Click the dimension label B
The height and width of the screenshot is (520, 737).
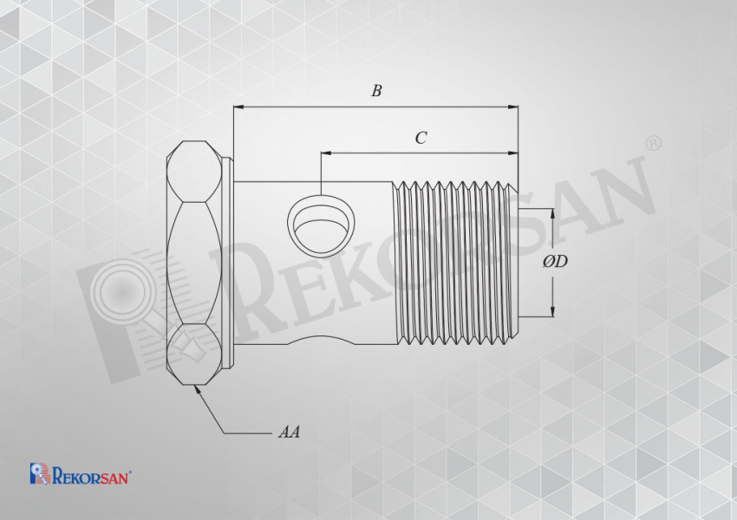tap(376, 91)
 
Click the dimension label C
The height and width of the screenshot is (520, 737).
tap(421, 138)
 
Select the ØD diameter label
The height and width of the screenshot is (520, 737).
tap(555, 262)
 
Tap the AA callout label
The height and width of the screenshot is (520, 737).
tap(289, 432)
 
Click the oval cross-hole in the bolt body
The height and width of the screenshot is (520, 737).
tap(320, 226)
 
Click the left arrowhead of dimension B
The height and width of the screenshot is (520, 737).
tap(239, 107)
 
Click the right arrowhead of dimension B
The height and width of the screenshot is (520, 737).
tap(512, 107)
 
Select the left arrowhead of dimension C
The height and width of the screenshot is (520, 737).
tap(326, 153)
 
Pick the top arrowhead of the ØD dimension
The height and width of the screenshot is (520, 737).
tap(552, 214)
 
